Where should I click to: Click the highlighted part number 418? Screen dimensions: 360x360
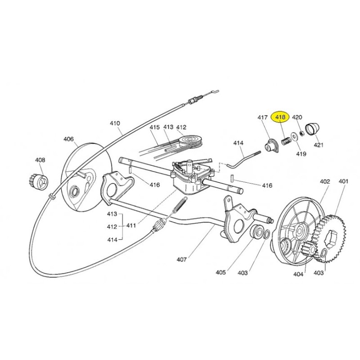pos(281,117)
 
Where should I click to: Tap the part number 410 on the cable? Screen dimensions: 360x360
pos(115,123)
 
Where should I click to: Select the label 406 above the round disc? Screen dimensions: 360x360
pos(68,139)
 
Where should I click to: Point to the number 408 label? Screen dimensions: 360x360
pos(40,160)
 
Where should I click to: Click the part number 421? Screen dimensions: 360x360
pos(319,145)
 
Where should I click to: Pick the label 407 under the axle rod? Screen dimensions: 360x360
pos(181,259)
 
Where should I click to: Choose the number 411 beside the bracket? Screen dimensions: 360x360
pos(131,225)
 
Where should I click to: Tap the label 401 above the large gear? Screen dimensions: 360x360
pos(343,182)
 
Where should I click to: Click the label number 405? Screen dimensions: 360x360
pos(220,272)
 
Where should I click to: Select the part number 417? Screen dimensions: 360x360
pos(263,117)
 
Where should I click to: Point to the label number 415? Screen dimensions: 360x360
pos(155,127)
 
